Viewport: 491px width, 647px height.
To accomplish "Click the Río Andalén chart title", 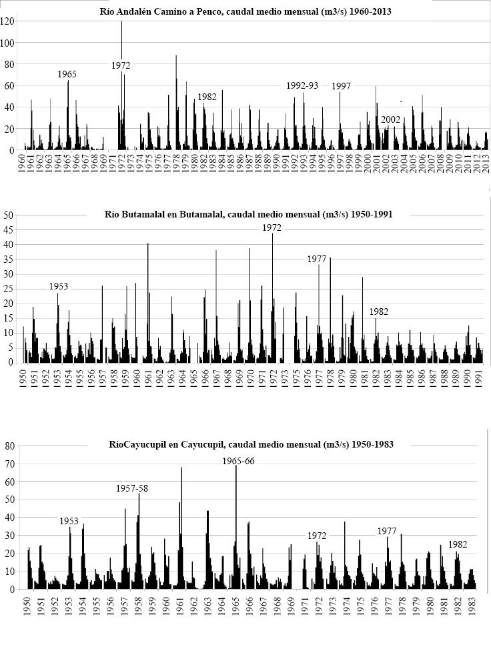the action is pos(246,11).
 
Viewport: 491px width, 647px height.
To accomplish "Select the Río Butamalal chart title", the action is pos(248,214).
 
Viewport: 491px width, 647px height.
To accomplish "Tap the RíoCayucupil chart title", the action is pos(252,444).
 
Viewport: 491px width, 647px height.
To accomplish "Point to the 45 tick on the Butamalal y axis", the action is pos(9,229).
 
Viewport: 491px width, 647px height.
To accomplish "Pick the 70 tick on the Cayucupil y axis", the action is pos(9,464).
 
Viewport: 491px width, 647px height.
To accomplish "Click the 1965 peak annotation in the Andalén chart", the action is pos(67,74).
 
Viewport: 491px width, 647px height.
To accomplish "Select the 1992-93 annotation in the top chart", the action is pos(302,85).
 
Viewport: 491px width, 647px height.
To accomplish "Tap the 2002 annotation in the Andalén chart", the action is pos(391,119).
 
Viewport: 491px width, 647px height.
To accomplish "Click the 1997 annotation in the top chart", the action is pos(341,86).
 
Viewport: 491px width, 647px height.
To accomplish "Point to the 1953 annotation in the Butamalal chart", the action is pos(59,286).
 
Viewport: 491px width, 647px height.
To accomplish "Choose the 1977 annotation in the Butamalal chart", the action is pos(317,259).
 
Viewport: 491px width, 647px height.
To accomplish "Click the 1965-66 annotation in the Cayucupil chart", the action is pos(238,462).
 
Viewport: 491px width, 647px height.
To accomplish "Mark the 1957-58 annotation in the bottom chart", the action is pos(132,488).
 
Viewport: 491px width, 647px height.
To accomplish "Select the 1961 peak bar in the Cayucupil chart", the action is pos(181,528).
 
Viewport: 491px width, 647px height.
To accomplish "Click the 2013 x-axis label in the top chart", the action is pos(486,163).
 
